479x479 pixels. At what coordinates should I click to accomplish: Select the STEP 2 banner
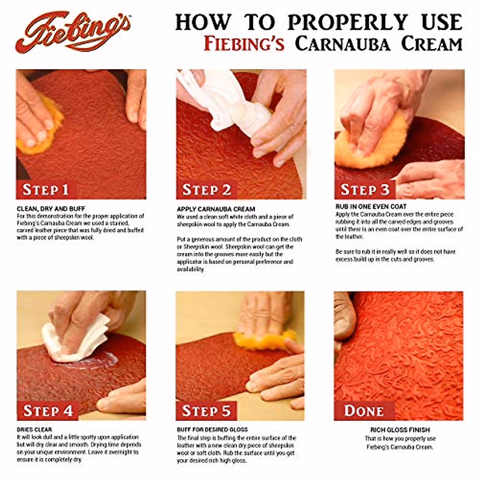207,190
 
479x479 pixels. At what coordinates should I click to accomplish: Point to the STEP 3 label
364,190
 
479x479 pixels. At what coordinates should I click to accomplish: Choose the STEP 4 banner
48,410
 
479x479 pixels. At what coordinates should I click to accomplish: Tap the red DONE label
364,410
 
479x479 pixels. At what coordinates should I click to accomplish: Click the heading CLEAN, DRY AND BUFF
51,209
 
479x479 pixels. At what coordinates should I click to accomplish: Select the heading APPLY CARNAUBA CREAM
216,209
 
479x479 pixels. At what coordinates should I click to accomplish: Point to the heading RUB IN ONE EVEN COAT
371,207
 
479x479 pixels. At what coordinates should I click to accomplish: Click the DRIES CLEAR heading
34,430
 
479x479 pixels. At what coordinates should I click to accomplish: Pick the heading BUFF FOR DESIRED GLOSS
212,430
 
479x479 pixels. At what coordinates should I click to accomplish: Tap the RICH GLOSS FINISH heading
400,430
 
